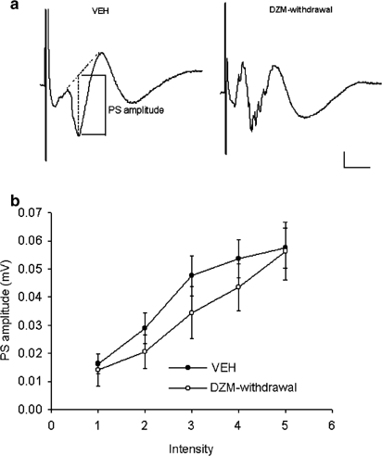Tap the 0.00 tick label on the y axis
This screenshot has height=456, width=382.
(x=33, y=409)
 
